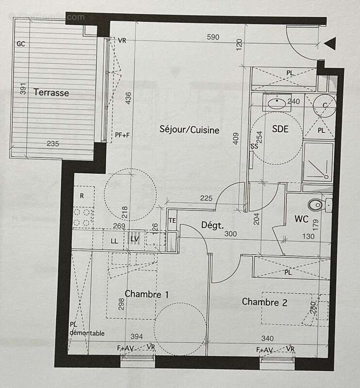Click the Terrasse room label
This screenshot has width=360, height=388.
(51, 93)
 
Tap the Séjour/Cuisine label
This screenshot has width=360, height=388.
(190, 129)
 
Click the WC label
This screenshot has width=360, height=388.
(301, 219)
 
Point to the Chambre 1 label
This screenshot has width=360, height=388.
(147, 294)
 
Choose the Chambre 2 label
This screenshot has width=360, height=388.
(264, 302)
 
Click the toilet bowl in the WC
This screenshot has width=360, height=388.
(316, 204)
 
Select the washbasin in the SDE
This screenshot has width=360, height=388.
(277, 103)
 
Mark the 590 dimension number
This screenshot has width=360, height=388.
(213, 37)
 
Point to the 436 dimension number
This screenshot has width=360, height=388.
(128, 99)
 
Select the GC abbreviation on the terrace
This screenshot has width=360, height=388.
(21, 44)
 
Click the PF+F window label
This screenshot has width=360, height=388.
(122, 135)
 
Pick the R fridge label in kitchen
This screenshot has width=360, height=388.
(82, 196)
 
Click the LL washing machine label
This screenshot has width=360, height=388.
(115, 241)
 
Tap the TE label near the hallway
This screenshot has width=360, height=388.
(172, 221)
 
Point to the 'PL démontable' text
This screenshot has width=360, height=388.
(87, 329)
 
